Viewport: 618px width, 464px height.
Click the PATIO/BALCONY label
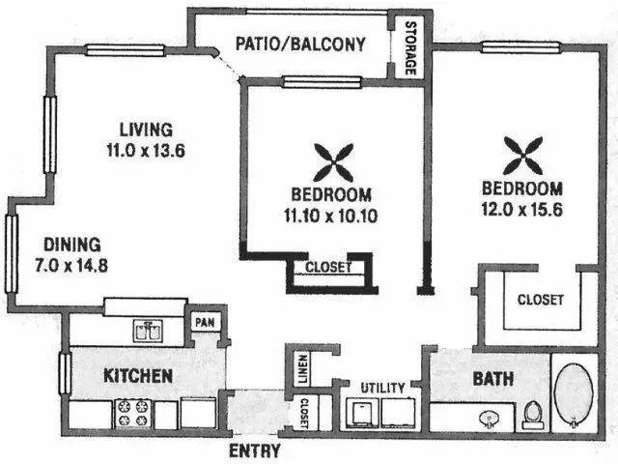[x=300, y=43]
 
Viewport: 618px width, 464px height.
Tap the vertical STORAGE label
[x=410, y=48]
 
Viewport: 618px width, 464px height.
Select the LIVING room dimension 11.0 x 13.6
[x=146, y=151]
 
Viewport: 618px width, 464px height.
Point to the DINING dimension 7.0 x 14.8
[x=71, y=265]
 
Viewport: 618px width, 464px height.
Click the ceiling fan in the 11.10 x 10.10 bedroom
[x=333, y=162]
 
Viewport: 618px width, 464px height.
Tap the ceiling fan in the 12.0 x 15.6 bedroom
[x=522, y=156]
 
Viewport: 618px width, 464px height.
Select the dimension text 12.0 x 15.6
[x=522, y=210]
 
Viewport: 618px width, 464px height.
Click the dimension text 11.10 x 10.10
[x=330, y=216]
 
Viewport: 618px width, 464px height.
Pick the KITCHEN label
[x=138, y=376]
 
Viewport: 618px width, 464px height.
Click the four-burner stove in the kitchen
[x=133, y=413]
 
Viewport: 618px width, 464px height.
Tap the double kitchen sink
[x=148, y=331]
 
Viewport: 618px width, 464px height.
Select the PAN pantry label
[x=206, y=322]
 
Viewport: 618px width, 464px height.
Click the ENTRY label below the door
[x=255, y=450]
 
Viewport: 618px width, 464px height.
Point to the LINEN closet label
[x=303, y=369]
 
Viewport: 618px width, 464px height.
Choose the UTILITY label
[x=382, y=388]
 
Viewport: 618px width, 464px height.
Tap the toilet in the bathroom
[x=533, y=415]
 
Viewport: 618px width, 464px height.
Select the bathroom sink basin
[x=489, y=419]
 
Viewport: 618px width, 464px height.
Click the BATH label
[x=493, y=379]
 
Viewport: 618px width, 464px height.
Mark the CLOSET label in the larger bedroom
[x=541, y=300]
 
